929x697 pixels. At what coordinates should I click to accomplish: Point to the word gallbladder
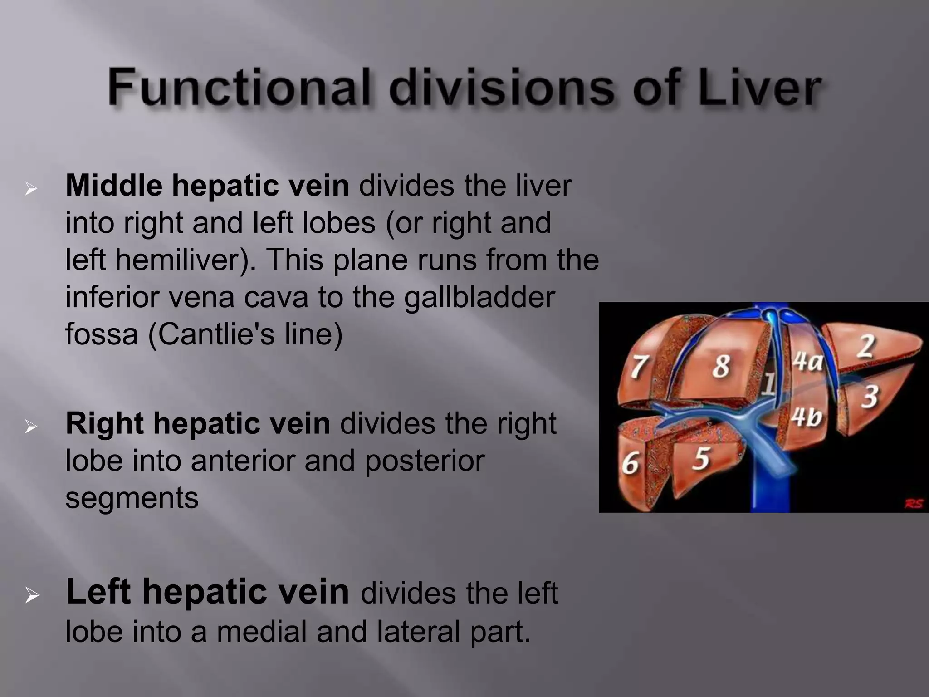coord(479,298)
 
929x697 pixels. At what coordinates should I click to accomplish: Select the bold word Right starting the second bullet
coord(104,423)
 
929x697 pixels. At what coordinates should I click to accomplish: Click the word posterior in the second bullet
coord(425,461)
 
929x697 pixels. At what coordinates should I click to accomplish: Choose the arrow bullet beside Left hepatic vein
coord(32,595)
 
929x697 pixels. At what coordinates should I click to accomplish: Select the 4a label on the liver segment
coord(807,362)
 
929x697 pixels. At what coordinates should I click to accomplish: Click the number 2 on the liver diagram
coord(865,347)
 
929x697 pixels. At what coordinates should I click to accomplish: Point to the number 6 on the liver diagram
coord(630,463)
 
